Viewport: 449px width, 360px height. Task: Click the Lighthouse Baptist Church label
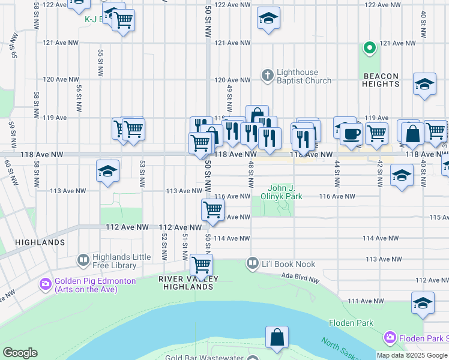click(304, 76)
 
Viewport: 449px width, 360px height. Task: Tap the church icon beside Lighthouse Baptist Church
click(268, 76)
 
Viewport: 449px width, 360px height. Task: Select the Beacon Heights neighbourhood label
click(381, 80)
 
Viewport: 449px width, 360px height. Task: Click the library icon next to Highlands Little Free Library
click(83, 260)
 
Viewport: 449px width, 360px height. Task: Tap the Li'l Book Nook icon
click(252, 263)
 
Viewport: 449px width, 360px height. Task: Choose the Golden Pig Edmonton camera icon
click(45, 283)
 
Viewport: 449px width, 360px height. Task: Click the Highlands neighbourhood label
click(40, 242)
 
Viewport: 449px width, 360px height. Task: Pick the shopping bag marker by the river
click(277, 338)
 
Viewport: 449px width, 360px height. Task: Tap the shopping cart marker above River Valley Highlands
click(201, 265)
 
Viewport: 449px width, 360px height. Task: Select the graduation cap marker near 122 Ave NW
click(268, 19)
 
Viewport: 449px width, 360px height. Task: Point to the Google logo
click(20, 353)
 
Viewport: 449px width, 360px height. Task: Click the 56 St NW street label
click(79, 97)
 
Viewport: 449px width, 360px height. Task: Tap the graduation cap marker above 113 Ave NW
click(108, 172)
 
